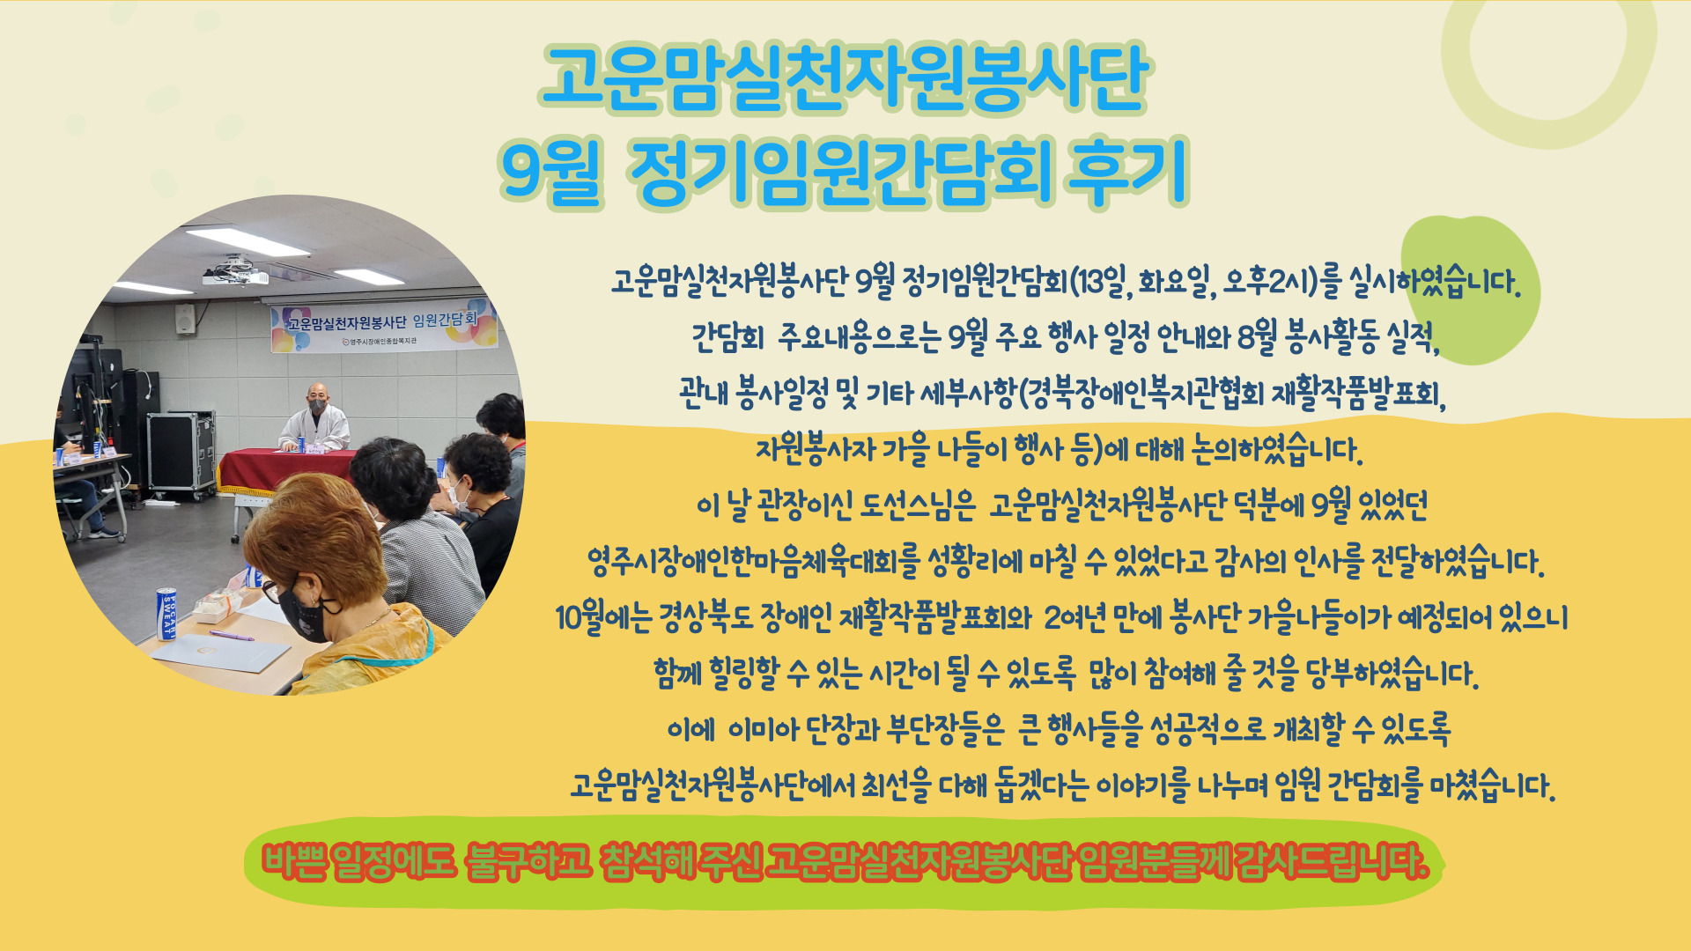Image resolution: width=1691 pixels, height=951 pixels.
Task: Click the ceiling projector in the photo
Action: click(x=235, y=272)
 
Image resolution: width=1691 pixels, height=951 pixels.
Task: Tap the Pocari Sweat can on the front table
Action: click(x=166, y=614)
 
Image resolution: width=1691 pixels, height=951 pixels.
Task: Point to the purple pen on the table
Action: click(x=232, y=635)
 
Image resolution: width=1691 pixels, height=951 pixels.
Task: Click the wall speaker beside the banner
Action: click(x=185, y=319)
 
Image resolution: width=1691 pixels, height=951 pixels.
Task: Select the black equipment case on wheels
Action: click(x=181, y=452)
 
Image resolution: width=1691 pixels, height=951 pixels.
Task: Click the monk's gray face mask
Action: click(x=318, y=407)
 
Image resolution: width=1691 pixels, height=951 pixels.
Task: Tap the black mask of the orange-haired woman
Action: click(x=306, y=612)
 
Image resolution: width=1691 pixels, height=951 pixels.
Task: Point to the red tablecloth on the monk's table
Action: click(x=286, y=471)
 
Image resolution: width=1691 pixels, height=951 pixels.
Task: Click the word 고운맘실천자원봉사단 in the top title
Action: click(x=845, y=79)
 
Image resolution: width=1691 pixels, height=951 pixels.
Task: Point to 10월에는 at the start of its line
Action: click(x=603, y=618)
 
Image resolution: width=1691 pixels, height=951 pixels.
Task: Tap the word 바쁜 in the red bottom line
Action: click(x=295, y=862)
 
